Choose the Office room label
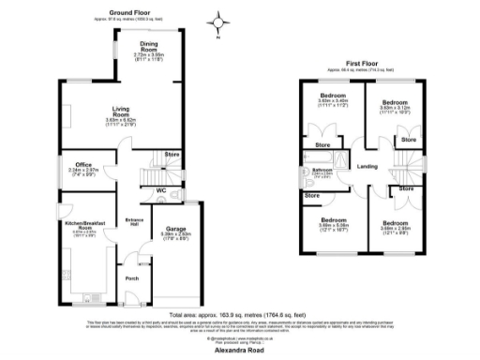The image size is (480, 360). pyautogui.click(x=83, y=166)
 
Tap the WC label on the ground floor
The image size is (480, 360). pyautogui.click(x=161, y=192)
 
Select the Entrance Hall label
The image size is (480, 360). pyautogui.click(x=131, y=222)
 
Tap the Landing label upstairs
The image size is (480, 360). pyautogui.click(x=366, y=167)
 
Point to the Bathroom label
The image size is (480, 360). pyautogui.click(x=322, y=170)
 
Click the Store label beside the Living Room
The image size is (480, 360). pyautogui.click(x=172, y=153)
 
